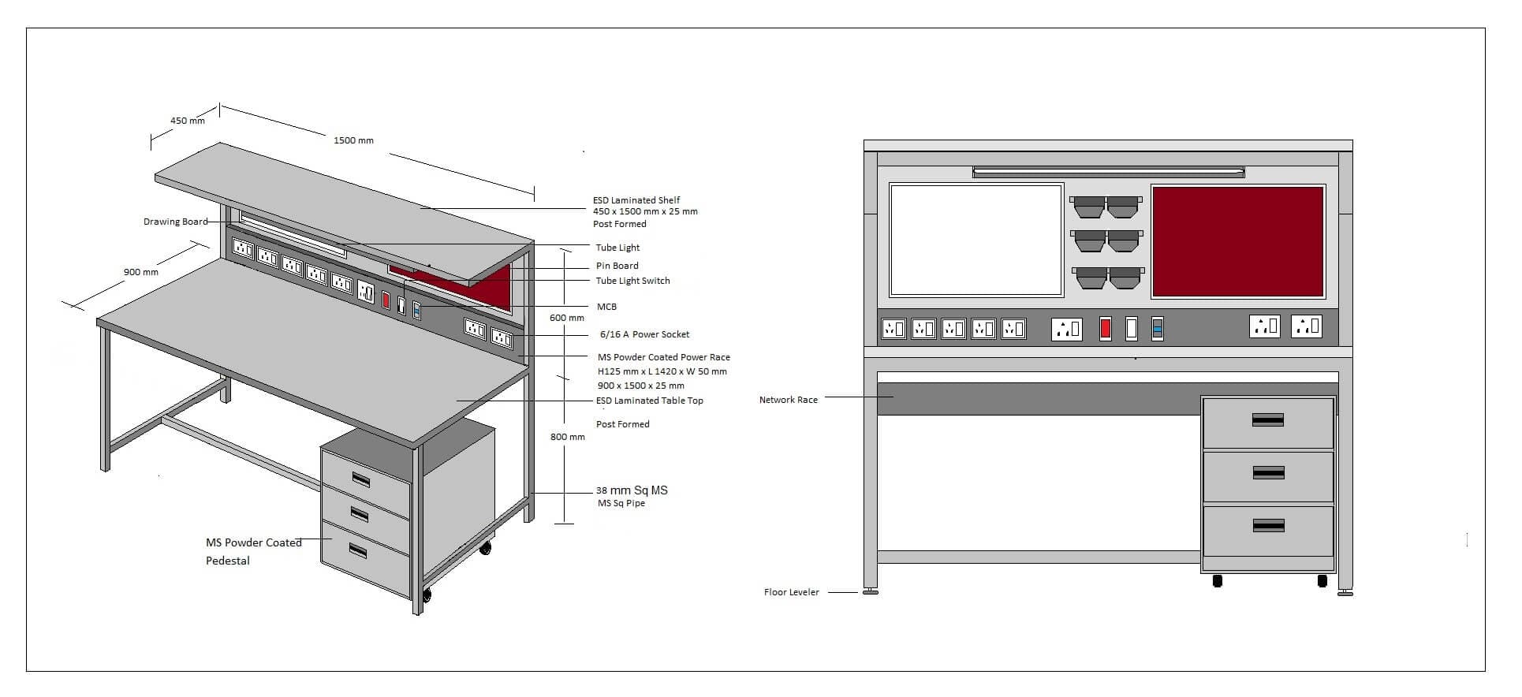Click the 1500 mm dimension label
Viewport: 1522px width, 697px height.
(x=353, y=140)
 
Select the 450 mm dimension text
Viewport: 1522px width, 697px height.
(x=187, y=121)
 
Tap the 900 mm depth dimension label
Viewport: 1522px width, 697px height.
(x=140, y=272)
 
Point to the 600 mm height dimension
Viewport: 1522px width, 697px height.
(x=566, y=318)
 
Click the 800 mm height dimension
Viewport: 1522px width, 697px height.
(x=567, y=437)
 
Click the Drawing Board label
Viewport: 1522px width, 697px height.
(x=175, y=222)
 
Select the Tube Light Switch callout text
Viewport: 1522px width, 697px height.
(x=632, y=281)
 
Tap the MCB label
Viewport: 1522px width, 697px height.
(x=606, y=307)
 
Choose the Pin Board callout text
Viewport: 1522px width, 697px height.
(x=617, y=266)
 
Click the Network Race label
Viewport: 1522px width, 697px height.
(x=788, y=400)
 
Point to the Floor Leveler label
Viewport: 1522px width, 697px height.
(x=791, y=592)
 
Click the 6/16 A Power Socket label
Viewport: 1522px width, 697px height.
(x=644, y=334)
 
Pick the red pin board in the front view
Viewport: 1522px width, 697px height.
(x=1237, y=241)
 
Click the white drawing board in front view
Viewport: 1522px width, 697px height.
(x=975, y=240)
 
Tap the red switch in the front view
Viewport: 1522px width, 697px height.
(x=1106, y=329)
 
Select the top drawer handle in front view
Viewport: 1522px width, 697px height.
(x=1268, y=421)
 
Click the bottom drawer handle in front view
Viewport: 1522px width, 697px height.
(x=1268, y=526)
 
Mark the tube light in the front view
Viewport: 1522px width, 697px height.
(x=1108, y=171)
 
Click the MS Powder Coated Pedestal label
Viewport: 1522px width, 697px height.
(x=253, y=551)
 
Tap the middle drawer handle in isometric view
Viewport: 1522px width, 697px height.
(x=360, y=515)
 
